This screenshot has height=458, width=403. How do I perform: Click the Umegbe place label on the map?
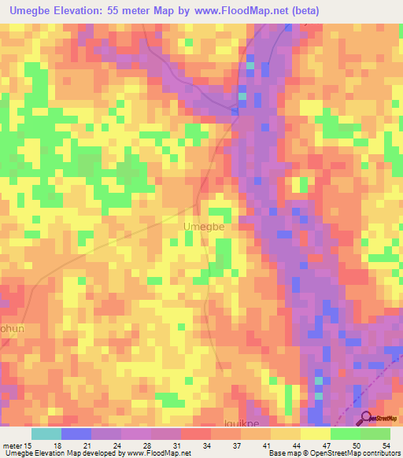pos(204,227)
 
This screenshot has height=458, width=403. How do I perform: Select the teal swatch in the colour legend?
pos(46,434)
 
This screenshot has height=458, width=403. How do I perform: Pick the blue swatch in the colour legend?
pos(76,434)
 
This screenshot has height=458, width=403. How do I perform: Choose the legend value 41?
pos(268,445)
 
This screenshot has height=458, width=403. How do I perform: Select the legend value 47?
pos(327,445)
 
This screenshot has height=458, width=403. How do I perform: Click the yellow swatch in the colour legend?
pos(315,434)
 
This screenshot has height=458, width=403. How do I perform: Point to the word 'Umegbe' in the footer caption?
pos(18,453)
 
